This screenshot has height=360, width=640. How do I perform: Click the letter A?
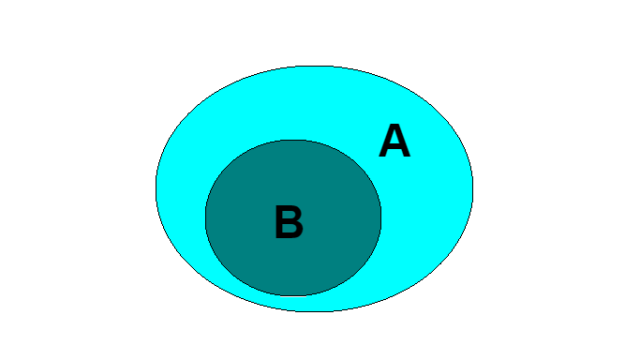(x=394, y=141)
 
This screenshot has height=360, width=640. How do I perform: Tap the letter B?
(x=289, y=221)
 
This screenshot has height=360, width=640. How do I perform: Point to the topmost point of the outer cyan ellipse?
(x=314, y=67)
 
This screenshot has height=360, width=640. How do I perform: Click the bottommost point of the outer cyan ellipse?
(x=314, y=311)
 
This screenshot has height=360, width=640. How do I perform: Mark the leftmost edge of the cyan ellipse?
(x=156, y=188)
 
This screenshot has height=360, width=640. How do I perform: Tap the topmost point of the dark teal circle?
(x=293, y=141)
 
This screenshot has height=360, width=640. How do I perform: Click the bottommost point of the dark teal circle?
(x=293, y=295)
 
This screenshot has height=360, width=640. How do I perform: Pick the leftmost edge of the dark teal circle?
(x=206, y=217)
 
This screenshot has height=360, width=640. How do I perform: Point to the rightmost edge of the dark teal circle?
(x=380, y=217)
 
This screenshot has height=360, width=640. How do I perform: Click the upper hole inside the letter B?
(x=290, y=215)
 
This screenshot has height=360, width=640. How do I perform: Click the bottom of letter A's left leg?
(x=383, y=156)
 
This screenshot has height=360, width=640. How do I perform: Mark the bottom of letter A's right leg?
(x=406, y=156)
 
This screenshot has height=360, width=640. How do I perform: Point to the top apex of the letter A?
(x=394, y=125)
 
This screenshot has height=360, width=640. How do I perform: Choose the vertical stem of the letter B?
(x=279, y=221)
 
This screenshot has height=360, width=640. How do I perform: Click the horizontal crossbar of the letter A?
(x=394, y=147)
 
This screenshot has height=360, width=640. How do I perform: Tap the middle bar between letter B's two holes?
(x=290, y=221)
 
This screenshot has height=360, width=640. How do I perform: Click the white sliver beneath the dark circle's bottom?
(x=293, y=296)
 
